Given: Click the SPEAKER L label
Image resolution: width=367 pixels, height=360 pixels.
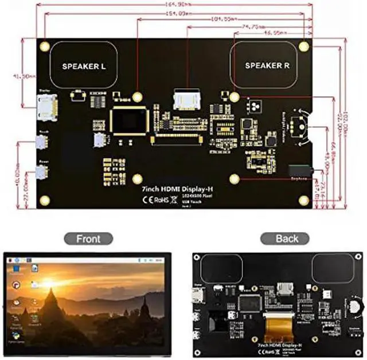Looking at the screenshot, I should pyautogui.click(x=84, y=66).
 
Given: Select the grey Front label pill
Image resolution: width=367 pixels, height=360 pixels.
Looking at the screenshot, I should pyautogui.click(x=88, y=238).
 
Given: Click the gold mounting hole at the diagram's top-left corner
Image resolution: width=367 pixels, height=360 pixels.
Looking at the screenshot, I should pyautogui.click(x=44, y=45).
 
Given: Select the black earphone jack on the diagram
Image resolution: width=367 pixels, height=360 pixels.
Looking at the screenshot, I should pyautogui.click(x=299, y=170).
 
